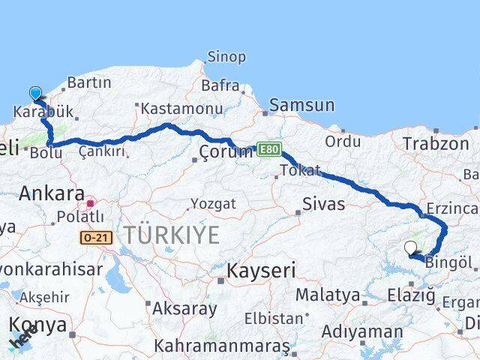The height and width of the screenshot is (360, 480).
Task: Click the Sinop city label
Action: pos(226,58)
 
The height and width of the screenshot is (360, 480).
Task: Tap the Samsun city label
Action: pos(301,106)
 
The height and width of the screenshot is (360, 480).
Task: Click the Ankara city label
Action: pos(51,193)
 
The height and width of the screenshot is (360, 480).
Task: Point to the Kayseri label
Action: pos(261,270)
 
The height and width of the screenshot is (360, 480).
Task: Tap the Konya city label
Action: pos(38,325)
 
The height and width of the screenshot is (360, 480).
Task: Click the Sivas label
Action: pos(324,203)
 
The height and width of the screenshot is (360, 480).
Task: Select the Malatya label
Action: pos(328,295)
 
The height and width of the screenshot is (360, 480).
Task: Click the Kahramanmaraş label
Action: pos(222,346)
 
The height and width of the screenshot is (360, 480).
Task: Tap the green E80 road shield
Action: pos(269,149)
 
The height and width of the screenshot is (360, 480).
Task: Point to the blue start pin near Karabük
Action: pos(35,93)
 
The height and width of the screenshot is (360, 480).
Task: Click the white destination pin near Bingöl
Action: pos(410,247)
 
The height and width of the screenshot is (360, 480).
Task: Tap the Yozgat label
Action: pos(213,204)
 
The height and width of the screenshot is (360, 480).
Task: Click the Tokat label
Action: pos(301,171)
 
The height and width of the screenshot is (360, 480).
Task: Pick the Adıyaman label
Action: pos(362,331)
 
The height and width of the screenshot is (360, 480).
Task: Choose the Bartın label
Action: pos(89,83)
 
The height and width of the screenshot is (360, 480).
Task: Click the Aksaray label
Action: pos(184,308)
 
